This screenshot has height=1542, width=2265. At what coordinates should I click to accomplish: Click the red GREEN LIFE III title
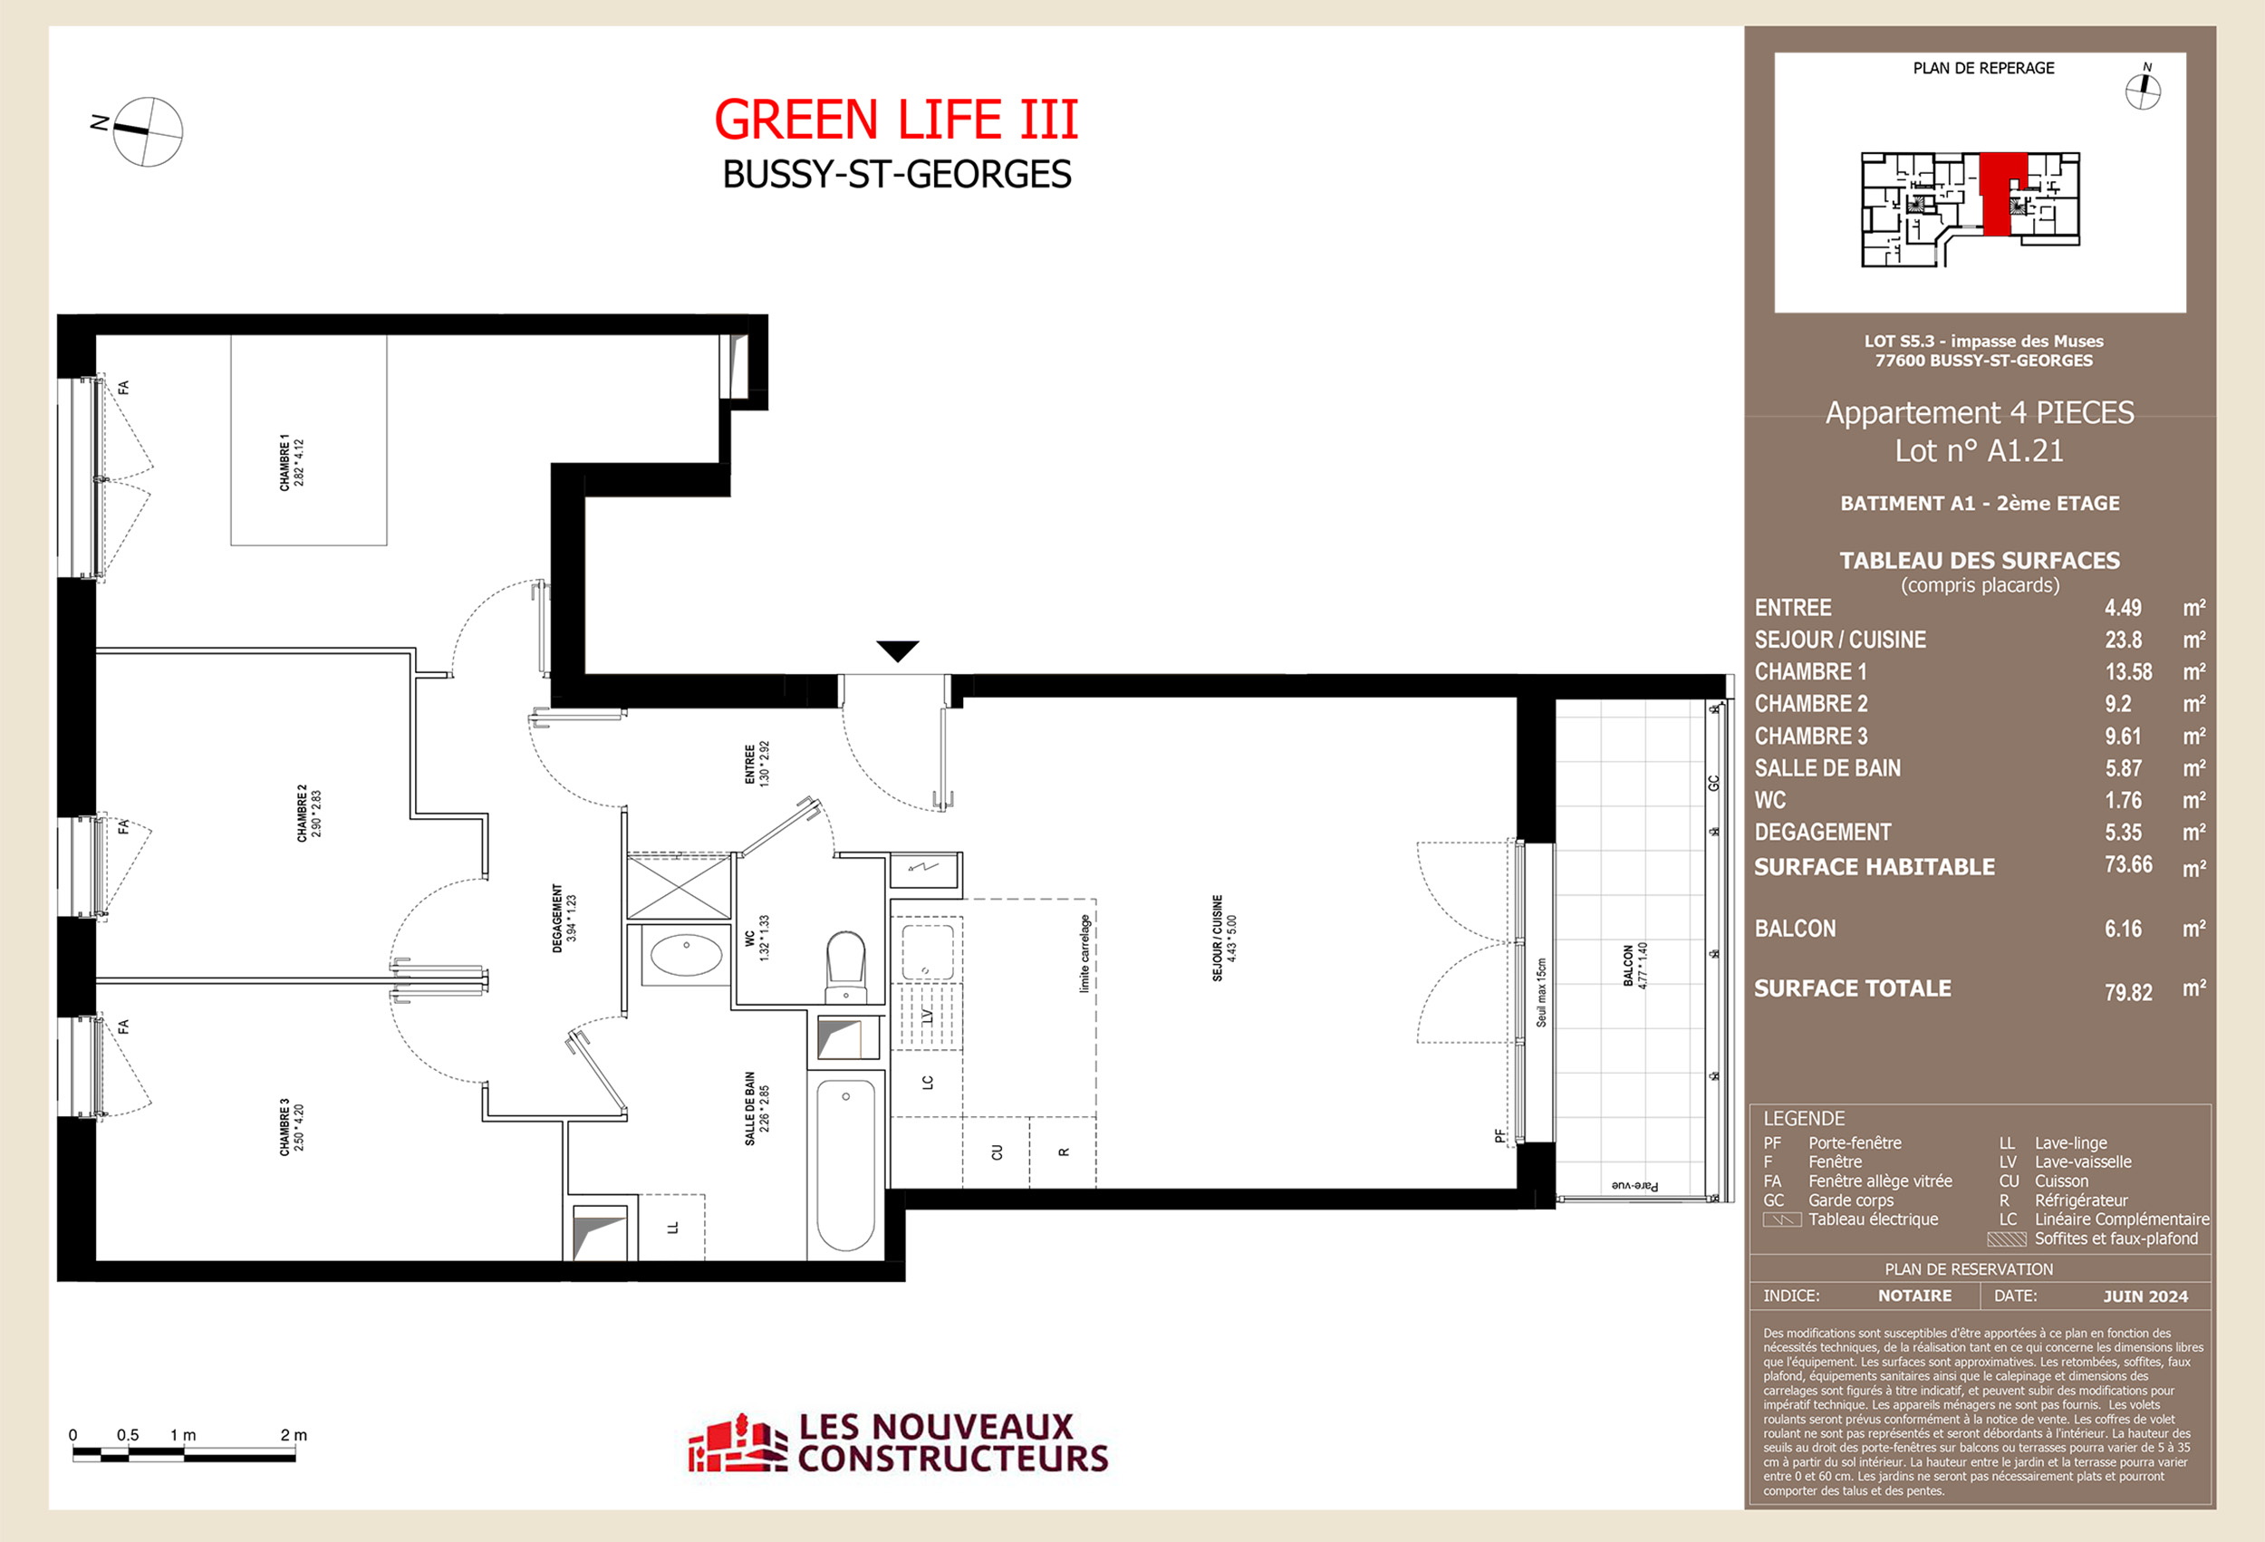pos(896,120)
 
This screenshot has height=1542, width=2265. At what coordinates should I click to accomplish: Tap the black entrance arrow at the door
pos(897,651)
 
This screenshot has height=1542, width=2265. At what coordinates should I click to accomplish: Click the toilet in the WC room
pos(846,965)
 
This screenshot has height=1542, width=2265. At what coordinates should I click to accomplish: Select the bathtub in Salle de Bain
pos(845,1164)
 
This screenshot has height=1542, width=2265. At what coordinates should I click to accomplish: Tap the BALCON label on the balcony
pos(1634,966)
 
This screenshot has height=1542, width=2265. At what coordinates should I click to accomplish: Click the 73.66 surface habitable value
pos(2127,864)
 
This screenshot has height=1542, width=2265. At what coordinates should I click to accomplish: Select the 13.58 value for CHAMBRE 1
pos(2127,671)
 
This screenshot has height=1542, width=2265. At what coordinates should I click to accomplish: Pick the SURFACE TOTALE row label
pos(1852,988)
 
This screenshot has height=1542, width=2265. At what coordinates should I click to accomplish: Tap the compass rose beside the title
pos(147,130)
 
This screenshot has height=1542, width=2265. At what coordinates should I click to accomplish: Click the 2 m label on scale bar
pos(293,1435)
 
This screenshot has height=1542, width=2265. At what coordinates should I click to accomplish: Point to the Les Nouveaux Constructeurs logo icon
pos(737,1443)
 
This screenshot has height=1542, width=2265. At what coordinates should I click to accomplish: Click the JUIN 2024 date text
pos(2145,1296)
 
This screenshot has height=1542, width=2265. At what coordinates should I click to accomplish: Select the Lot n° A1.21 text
pos(1979,451)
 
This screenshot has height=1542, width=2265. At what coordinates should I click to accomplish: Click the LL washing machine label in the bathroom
pos(671,1227)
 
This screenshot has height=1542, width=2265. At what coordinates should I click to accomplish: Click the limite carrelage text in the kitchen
pos(1084,952)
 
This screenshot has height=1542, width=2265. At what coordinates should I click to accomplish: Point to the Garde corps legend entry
pos(1850,1200)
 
